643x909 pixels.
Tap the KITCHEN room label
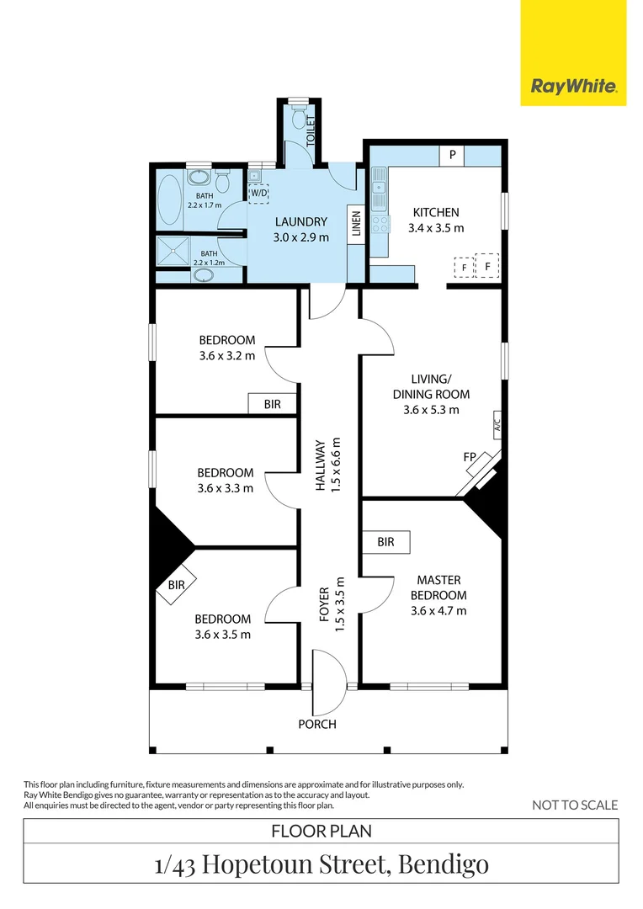pos(435,212)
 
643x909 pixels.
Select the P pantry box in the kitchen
pos(452,155)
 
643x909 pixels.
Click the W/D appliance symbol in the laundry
pos(258,194)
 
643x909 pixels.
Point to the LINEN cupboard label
pos(356,225)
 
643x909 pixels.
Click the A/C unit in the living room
pos(497,424)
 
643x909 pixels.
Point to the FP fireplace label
pos(470,457)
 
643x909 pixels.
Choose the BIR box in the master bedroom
pos(385,542)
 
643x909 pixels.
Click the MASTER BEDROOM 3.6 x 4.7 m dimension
pos(438,610)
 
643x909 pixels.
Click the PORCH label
pos(318,724)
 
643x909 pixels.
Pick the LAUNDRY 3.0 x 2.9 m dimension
pos(300,237)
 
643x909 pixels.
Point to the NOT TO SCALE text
pos(575,805)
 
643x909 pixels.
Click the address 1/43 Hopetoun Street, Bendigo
pos(321,864)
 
